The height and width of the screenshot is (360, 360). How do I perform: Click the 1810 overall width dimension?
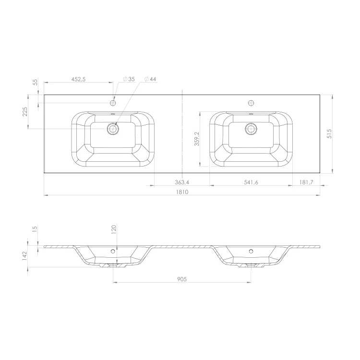pyautogui.click(x=182, y=192)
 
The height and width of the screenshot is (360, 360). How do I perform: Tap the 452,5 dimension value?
pyautogui.click(x=79, y=79)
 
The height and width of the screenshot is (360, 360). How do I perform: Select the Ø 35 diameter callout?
pyautogui.click(x=129, y=79)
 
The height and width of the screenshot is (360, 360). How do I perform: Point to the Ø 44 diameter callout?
pyautogui.click(x=150, y=79)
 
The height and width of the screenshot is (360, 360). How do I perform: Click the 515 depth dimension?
pyautogui.click(x=329, y=133)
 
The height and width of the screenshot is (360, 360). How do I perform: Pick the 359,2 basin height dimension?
pyautogui.click(x=197, y=139)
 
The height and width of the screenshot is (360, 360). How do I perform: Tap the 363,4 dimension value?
pyautogui.click(x=182, y=182)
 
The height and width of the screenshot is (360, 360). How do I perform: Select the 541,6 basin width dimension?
pyautogui.click(x=251, y=182)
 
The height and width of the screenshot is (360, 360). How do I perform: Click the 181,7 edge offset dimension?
pyautogui.click(x=306, y=182)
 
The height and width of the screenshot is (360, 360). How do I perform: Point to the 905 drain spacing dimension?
pyautogui.click(x=182, y=279)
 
